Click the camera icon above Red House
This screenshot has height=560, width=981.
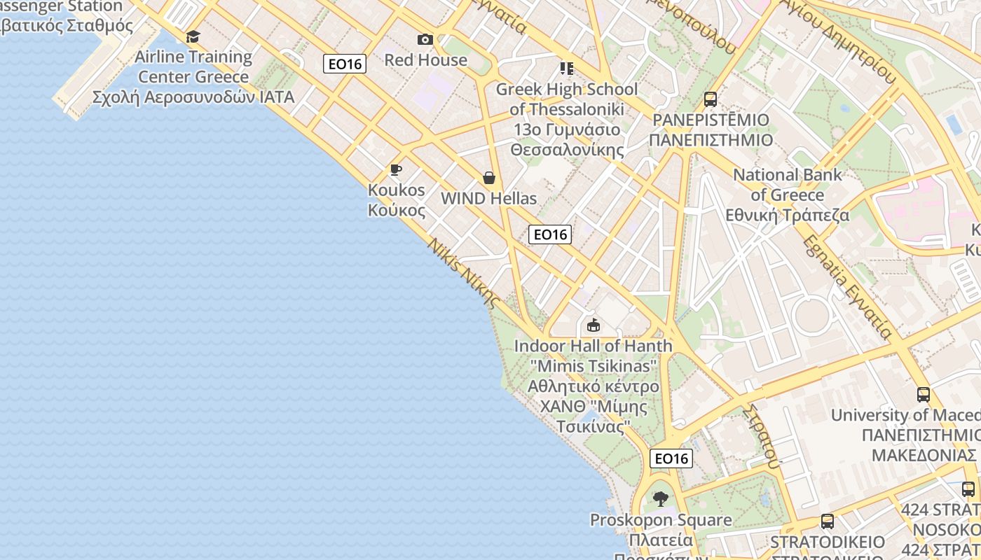[425, 39]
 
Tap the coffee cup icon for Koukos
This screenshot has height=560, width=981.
[396, 170]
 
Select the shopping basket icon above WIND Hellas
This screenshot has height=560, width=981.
[489, 178]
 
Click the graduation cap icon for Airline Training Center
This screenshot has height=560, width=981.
[193, 36]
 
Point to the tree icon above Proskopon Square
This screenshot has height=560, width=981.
[660, 499]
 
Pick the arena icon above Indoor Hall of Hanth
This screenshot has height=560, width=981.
[594, 325]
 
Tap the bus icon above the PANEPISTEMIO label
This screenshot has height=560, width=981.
[711, 99]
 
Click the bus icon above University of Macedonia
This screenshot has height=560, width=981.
[924, 395]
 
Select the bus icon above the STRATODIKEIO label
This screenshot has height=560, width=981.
[828, 521]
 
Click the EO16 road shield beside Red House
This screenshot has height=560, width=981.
[345, 64]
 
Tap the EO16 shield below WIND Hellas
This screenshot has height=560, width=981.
[550, 234]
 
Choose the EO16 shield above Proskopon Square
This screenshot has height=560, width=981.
[671, 458]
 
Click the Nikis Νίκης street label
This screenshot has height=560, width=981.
[464, 274]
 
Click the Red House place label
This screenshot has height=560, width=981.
[425, 60]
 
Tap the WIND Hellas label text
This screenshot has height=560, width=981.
[489, 199]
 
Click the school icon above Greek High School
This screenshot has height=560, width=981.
[567, 69]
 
